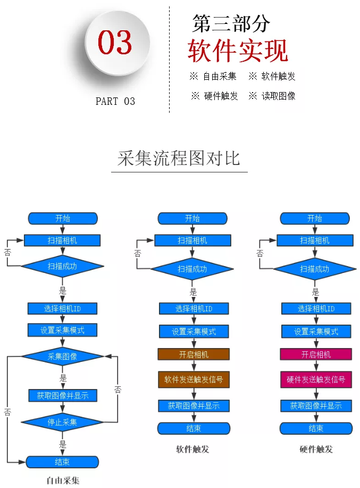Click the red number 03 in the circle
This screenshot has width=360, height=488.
pyautogui.click(x=115, y=43)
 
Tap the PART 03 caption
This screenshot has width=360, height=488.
pyautogui.click(x=115, y=101)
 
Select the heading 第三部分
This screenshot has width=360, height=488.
pyautogui.click(x=231, y=23)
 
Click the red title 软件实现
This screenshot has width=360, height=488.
pyautogui.click(x=238, y=51)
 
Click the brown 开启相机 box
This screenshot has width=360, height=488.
pyautogui.click(x=194, y=354)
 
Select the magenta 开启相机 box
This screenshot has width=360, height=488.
pyautogui.click(x=316, y=354)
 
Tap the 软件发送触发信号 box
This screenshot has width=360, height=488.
pyautogui.click(x=194, y=380)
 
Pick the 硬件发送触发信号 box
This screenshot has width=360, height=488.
pyautogui.click(x=316, y=380)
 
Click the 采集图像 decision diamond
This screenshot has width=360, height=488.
pyautogui.click(x=62, y=357)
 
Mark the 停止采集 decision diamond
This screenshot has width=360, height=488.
pyautogui.click(x=62, y=422)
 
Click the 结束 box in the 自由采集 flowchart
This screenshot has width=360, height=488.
pyautogui.click(x=62, y=462)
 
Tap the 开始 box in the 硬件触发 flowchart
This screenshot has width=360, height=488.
pyautogui.click(x=315, y=218)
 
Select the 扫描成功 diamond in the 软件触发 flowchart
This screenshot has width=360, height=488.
pyautogui.click(x=192, y=269)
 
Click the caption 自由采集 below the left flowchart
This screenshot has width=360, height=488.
pyautogui.click(x=63, y=481)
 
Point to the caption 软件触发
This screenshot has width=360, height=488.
pyautogui.click(x=192, y=449)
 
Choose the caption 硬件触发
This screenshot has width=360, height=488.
pyautogui.click(x=316, y=449)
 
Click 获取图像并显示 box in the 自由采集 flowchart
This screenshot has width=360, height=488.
pyautogui.click(x=62, y=395)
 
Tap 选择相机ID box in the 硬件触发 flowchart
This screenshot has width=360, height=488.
pyautogui.click(x=316, y=309)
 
